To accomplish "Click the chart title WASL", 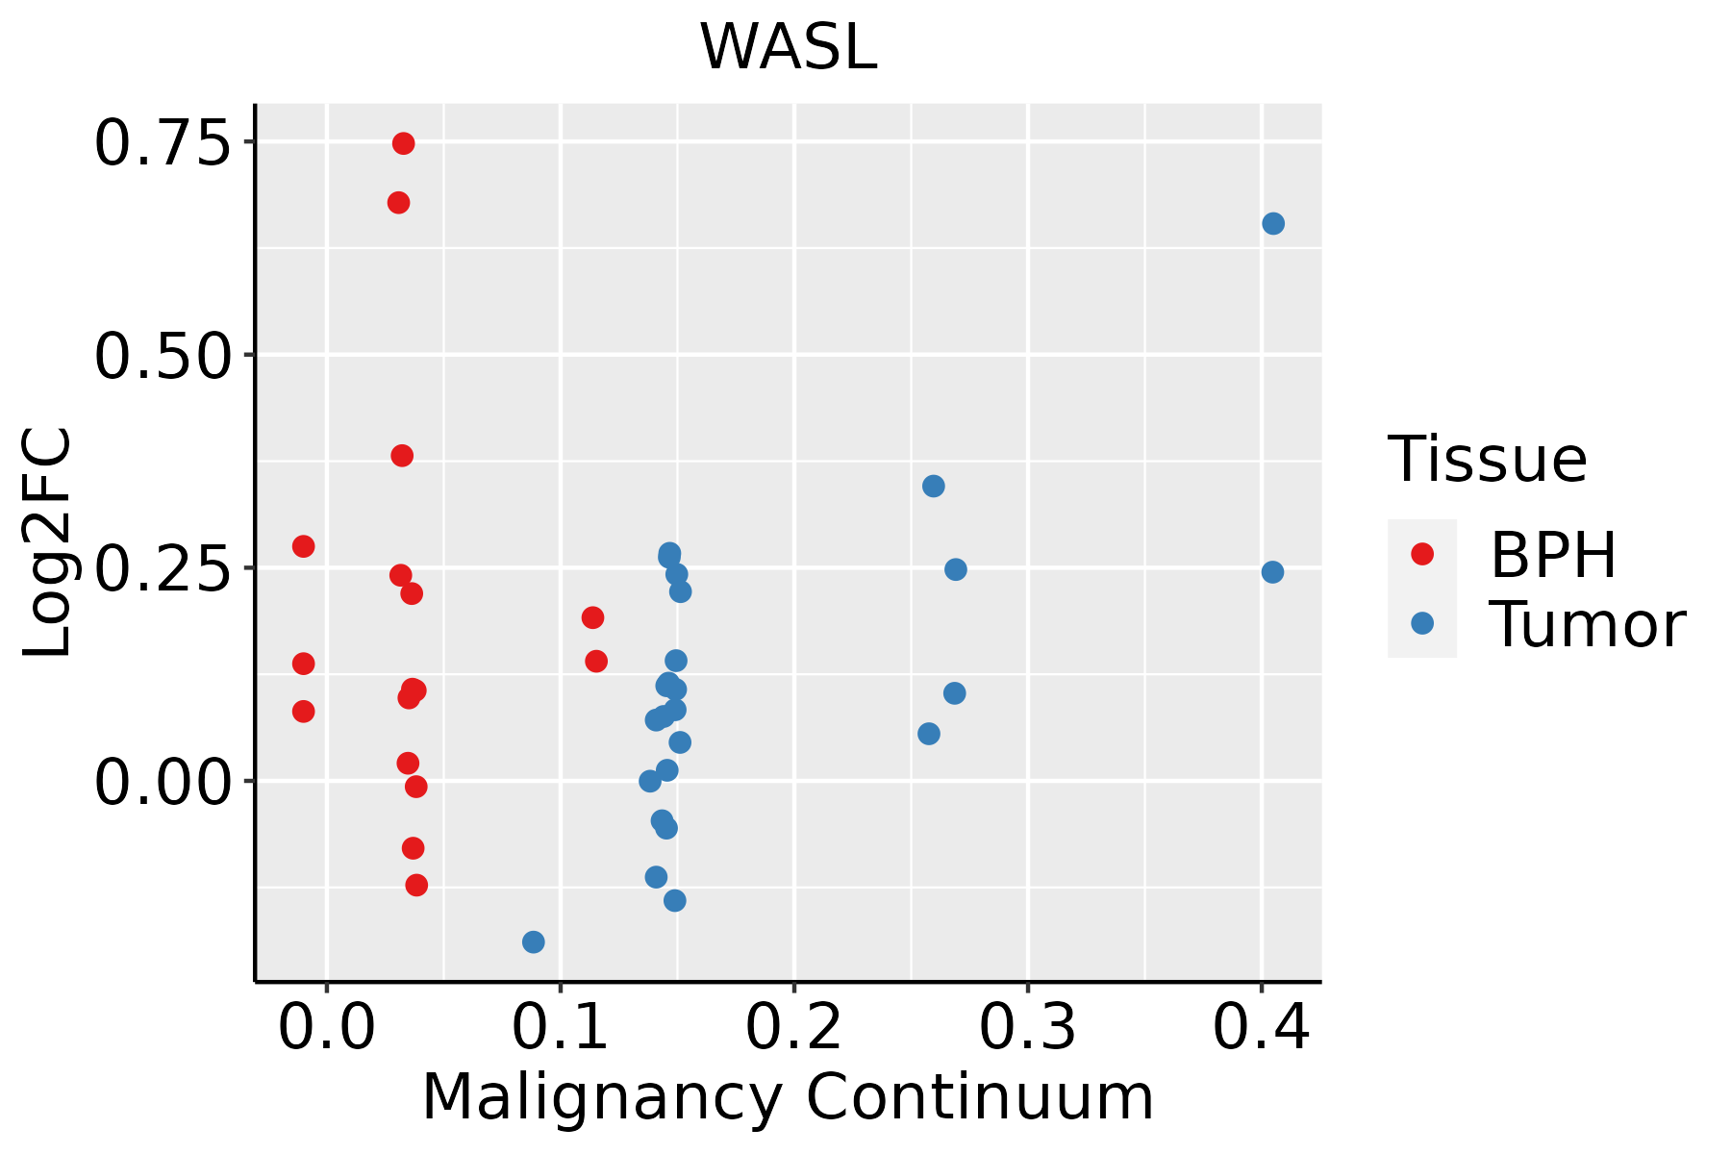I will coord(788,47).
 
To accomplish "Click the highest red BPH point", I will coord(403,143).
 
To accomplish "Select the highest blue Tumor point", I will coord(1272,224).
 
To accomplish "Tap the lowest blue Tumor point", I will coord(533,941).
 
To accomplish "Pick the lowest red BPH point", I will coord(416,885).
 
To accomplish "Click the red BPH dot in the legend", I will coord(1421,554).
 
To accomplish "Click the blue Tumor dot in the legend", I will coord(1421,623).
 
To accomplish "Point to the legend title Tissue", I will coord(1487,460).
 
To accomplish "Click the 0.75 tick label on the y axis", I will coord(163,144).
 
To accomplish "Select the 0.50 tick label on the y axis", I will coord(163,357).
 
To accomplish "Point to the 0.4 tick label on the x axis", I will coord(1261,1028).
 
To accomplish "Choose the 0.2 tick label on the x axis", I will coord(793,1028).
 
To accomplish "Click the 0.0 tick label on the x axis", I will coord(327,1028).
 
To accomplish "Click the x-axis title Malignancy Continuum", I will coord(788,1097).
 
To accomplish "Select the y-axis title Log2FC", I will coord(48,543).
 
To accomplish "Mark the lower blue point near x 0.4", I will coord(1272,572).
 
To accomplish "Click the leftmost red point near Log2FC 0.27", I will coord(303,546).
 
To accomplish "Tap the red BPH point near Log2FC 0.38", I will coord(402,456).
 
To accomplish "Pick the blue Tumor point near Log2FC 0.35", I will coord(933,486).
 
